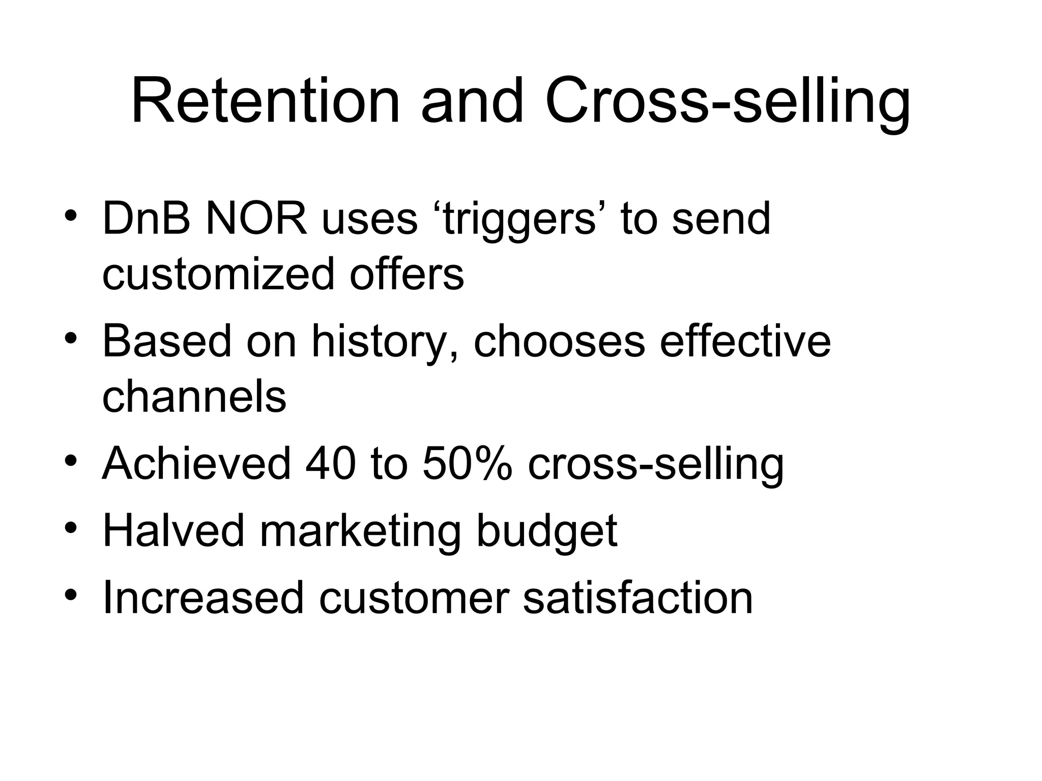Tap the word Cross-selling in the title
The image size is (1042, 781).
(x=728, y=102)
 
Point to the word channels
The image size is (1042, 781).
(x=194, y=397)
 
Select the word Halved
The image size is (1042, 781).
(x=173, y=530)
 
